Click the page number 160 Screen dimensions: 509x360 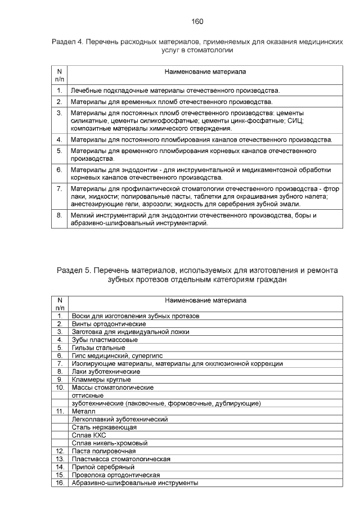(x=197, y=21)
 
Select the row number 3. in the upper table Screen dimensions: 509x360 (x=59, y=113)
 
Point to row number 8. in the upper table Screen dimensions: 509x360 (x=59, y=215)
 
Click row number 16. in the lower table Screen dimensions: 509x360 (x=59, y=483)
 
